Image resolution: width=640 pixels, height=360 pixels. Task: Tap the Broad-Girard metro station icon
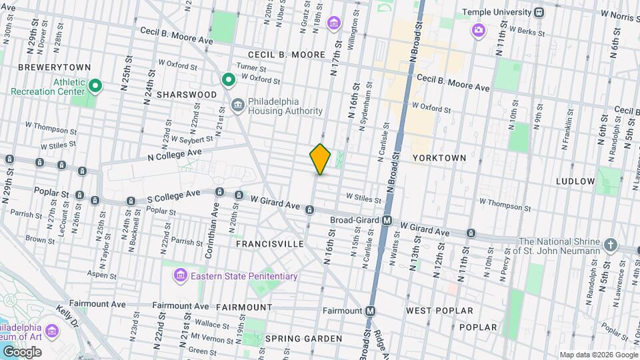click(x=387, y=220)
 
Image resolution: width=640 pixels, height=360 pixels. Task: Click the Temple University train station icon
click(x=539, y=12)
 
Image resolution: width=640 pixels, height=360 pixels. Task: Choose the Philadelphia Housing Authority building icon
click(x=237, y=105)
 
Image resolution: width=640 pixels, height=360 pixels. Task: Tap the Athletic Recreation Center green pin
click(x=95, y=85)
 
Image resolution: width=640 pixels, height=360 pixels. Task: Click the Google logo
click(x=22, y=351)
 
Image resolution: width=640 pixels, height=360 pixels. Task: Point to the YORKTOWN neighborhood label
click(x=439, y=158)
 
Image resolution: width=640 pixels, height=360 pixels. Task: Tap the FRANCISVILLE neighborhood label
click(x=270, y=245)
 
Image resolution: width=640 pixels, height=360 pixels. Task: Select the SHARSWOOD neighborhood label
click(x=187, y=95)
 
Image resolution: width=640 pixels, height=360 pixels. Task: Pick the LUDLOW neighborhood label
click(x=576, y=181)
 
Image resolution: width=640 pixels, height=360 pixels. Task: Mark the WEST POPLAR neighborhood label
click(x=439, y=311)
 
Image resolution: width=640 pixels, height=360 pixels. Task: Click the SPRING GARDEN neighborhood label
click(x=303, y=339)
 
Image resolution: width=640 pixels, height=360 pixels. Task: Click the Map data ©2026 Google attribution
click(x=597, y=355)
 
